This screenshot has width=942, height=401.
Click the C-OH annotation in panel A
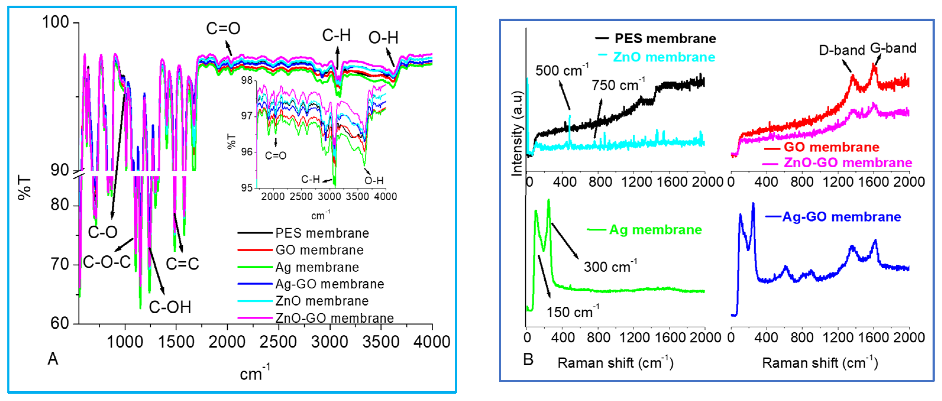pyautogui.click(x=170, y=307)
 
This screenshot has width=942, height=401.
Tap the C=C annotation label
pyautogui.click(x=182, y=264)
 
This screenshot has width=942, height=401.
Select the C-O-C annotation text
pyautogui.click(x=106, y=262)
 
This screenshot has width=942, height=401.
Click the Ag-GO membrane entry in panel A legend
pyautogui.click(x=329, y=284)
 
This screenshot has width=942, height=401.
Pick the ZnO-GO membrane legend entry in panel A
pyautogui.click(x=334, y=318)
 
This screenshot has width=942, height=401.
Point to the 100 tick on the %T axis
pyautogui.click(x=56, y=22)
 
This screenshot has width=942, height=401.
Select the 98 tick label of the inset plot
pyautogui.click(x=247, y=80)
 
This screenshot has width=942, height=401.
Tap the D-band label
pyautogui.click(x=841, y=50)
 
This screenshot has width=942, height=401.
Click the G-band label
pyautogui.click(x=893, y=48)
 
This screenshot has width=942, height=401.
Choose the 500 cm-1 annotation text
pyautogui.click(x=561, y=70)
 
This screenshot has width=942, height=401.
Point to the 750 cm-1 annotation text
pyautogui.click(x=618, y=85)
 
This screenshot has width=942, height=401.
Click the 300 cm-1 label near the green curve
pyautogui.click(x=610, y=267)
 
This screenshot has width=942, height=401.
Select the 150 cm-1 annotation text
pyautogui.click(x=572, y=312)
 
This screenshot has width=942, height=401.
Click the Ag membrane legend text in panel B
pyautogui.click(x=655, y=230)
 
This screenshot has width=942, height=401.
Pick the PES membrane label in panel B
pyautogui.click(x=665, y=38)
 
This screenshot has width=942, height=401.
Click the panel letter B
pyautogui.click(x=528, y=359)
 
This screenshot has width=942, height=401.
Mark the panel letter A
pyautogui.click(x=53, y=359)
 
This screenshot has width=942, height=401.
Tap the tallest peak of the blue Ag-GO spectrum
pyautogui.click(x=753, y=204)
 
